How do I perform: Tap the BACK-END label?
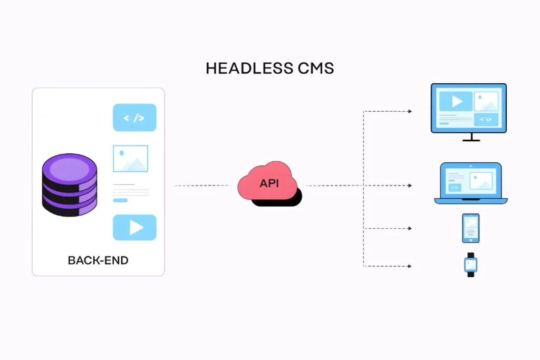pyautogui.click(x=98, y=260)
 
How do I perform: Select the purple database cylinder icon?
pyautogui.click(x=70, y=185)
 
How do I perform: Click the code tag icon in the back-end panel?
pyautogui.click(x=134, y=118)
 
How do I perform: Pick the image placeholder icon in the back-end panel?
pyautogui.click(x=130, y=159)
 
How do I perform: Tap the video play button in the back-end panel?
pyautogui.click(x=134, y=227)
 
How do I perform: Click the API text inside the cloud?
pyautogui.click(x=269, y=183)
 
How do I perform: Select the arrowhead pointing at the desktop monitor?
pyautogui.click(x=409, y=111)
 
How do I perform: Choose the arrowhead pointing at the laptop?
pyautogui.click(x=409, y=186)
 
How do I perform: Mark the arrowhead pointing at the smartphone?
pyautogui.click(x=409, y=228)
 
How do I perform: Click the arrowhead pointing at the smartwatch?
pyautogui.click(x=409, y=266)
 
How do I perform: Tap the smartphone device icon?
pyautogui.click(x=471, y=228)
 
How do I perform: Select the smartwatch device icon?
pyautogui.click(x=471, y=265)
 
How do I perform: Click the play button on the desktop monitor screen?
pyautogui.click(x=456, y=101)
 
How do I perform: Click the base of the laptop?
pyautogui.click(x=471, y=201)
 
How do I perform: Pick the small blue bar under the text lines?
pyautogui.click(x=120, y=200)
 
